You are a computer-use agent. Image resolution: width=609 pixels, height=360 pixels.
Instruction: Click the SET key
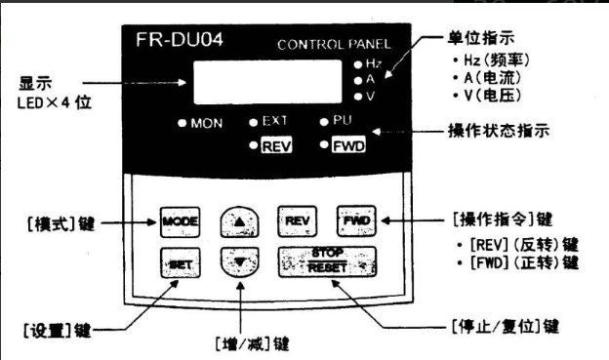pos(179,261)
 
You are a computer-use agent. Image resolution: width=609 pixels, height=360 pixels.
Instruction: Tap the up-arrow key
pos(237,221)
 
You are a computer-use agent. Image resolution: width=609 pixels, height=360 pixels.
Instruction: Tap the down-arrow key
pos(237,260)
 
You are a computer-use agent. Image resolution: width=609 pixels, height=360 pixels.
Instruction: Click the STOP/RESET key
pos(327,261)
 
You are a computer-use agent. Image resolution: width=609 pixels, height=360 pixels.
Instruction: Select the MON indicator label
pos(206,123)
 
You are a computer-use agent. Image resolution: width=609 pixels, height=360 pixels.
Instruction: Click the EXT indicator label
pos(278,122)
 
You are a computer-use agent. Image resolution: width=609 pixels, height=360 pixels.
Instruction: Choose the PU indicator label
pos(353,122)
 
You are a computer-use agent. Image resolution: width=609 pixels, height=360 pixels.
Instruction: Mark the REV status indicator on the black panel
pos(277,145)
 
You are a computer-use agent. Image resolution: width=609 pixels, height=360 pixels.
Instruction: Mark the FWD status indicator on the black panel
pos(350,145)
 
